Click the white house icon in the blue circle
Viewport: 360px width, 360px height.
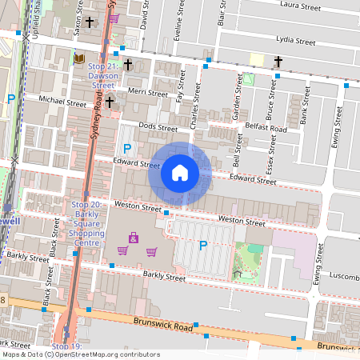[180, 173]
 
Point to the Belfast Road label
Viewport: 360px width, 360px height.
[266, 128]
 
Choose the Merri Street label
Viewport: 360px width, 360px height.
[147, 94]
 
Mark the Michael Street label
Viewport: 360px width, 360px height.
[64, 102]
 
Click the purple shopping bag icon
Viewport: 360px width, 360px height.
[133, 238]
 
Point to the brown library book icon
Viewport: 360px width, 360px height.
[78, 58]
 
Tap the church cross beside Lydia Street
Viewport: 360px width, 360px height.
[278, 61]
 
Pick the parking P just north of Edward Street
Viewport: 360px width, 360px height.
[126, 148]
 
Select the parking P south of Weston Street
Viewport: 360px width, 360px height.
[202, 245]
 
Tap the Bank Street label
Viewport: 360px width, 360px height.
[306, 112]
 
